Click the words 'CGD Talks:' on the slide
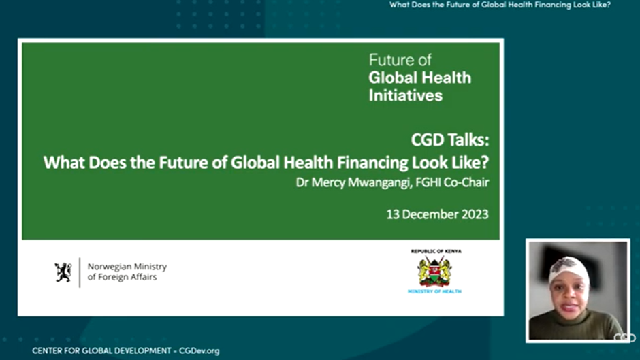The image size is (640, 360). (450, 140)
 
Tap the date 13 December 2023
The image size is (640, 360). (438, 214)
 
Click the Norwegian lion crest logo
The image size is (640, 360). (63, 272)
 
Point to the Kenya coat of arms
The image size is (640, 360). (434, 272)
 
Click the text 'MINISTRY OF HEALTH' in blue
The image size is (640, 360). (434, 291)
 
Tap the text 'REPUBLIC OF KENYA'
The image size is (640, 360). (436, 251)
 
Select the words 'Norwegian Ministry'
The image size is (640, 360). (127, 267)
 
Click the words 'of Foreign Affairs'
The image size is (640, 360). (122, 277)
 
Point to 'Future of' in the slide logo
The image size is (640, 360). (400, 61)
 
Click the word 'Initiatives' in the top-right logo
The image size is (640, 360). (405, 95)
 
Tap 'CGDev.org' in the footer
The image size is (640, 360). (199, 351)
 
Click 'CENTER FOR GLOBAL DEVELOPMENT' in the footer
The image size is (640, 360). (101, 351)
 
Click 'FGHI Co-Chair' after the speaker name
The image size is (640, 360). (452, 182)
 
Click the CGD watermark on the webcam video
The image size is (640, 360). (624, 338)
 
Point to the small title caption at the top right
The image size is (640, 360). (500, 5)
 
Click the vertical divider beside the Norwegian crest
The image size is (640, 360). (80, 272)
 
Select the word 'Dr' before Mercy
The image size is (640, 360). (302, 182)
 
